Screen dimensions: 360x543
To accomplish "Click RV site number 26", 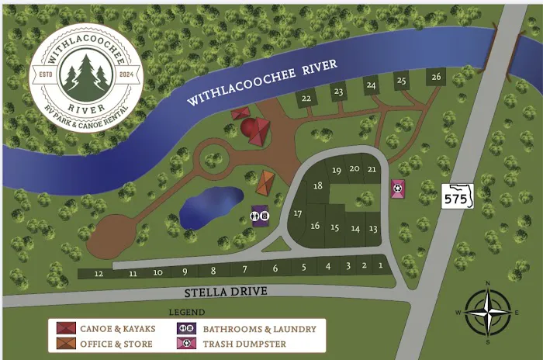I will tap(436, 77).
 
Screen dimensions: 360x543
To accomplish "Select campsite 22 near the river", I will tap(306, 99).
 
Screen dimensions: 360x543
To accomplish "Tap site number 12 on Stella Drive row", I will tap(99, 274).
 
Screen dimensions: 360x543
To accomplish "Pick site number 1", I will tap(380, 265).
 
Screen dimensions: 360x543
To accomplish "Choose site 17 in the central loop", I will tap(298, 214).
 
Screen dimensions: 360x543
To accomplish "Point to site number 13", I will tap(373, 228).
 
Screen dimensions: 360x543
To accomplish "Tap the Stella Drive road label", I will tap(225, 292).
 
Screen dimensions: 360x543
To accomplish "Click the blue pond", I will tap(211, 207).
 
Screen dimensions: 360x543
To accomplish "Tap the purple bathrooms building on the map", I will tap(259, 215).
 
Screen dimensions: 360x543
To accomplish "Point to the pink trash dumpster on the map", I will tap(397, 189).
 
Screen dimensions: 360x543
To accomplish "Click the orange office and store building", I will tap(265, 183).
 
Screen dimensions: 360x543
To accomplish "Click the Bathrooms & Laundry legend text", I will tap(260, 328).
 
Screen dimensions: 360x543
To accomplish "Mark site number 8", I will tap(213, 270).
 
